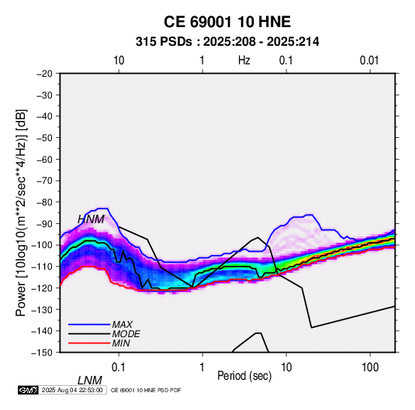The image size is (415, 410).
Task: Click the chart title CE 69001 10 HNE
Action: click(227, 22)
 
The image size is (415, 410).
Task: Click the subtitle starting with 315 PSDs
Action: click(227, 42)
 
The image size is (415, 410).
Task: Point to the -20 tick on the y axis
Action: click(44, 74)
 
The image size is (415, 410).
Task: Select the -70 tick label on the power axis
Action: click(44, 181)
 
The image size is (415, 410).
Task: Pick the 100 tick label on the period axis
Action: click(370, 367)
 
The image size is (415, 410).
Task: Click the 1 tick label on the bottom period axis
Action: click(202, 367)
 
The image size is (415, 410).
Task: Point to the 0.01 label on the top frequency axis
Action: click(369, 60)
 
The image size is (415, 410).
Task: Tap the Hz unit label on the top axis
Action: click(244, 60)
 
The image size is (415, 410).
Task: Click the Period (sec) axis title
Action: click(244, 376)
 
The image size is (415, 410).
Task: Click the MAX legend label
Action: click(123, 324)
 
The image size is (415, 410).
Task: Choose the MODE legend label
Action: click(126, 334)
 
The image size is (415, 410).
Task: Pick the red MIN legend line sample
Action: click(89, 343)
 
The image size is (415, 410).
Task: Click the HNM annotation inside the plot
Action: click(91, 219)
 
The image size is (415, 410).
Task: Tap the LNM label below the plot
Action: click(90, 381)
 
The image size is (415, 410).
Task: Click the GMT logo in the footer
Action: click(29, 390)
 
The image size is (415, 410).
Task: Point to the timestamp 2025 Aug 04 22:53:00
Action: click(72, 390)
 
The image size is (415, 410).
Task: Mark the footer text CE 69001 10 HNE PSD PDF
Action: click(146, 390)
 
